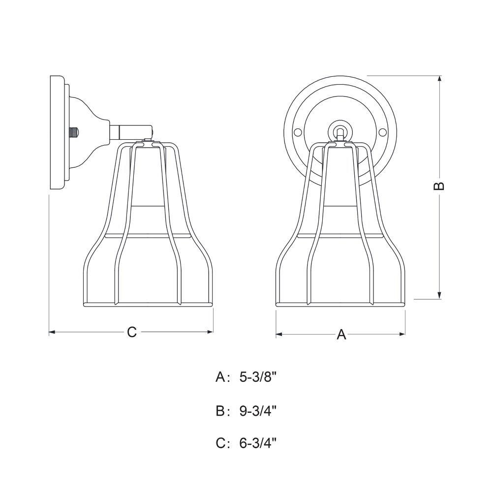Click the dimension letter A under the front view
(x=341, y=335)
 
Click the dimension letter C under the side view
(x=132, y=332)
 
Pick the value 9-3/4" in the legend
(x=258, y=410)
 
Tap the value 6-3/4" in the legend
(x=258, y=443)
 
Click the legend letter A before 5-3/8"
(x=220, y=377)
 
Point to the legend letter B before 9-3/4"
(x=220, y=410)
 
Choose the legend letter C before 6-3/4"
(x=220, y=443)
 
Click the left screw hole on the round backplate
(x=298, y=132)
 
